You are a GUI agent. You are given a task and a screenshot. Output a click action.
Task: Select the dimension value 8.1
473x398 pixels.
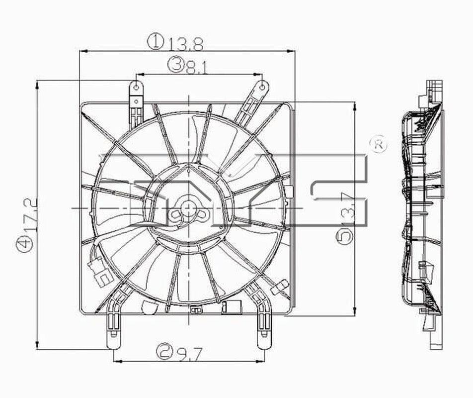[195, 66]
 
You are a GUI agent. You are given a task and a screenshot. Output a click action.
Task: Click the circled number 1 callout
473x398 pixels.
[156, 42]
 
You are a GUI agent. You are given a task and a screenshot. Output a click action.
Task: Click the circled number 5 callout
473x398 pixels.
[346, 235]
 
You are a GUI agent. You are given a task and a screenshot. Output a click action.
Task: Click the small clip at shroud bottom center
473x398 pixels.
[194, 311]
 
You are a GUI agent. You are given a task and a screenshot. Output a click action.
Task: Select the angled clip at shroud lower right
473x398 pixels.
[281, 287]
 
